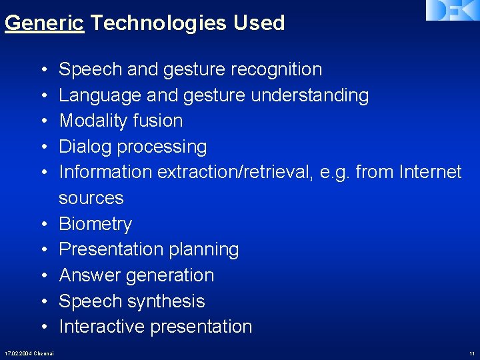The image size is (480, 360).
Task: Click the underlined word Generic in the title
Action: point(44,23)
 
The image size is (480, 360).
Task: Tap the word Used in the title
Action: point(259,23)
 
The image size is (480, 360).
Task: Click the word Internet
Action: point(430,172)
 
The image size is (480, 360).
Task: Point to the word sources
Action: point(91,198)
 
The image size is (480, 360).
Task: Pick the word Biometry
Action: point(95,224)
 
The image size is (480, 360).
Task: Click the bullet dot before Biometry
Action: point(43,224)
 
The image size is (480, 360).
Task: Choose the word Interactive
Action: point(102,327)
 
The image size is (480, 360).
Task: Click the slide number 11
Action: point(472,353)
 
